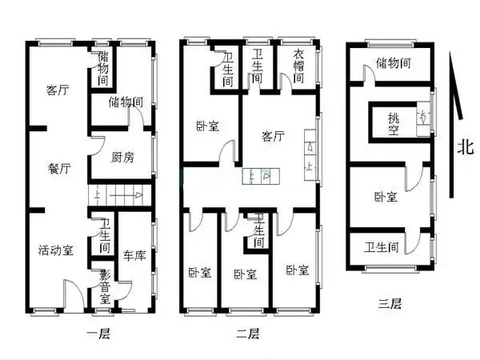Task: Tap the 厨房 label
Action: click(x=122, y=157)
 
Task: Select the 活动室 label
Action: click(x=56, y=250)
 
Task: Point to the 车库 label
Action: click(x=134, y=256)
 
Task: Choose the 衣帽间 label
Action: click(x=298, y=67)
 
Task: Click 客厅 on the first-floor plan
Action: click(x=57, y=90)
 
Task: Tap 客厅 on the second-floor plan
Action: click(x=273, y=137)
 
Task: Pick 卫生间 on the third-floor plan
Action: click(x=382, y=246)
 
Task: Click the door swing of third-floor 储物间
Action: click(x=369, y=74)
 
